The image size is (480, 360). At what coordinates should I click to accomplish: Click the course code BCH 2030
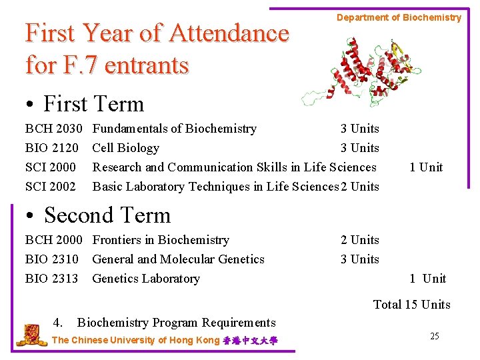[x=53, y=129]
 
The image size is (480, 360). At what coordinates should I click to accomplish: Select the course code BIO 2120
[x=51, y=148]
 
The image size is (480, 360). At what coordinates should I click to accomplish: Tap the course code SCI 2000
[x=50, y=167]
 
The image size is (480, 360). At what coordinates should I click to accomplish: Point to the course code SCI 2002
[x=50, y=187]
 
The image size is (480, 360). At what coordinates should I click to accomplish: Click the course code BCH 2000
[x=53, y=240]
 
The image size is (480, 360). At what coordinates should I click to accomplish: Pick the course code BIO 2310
[x=51, y=259]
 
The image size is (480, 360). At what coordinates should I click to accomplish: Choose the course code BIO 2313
[x=51, y=279]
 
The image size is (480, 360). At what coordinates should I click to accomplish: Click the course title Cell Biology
[x=125, y=148]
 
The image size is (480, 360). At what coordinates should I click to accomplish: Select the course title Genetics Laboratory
[x=146, y=279]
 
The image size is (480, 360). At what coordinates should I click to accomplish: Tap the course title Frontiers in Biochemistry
[x=161, y=240]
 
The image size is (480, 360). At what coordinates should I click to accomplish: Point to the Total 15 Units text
[x=411, y=305]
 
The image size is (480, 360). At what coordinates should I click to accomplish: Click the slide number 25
[x=434, y=336]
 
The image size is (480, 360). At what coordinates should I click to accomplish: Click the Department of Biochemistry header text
[x=399, y=18]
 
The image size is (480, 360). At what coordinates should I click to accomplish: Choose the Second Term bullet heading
[x=99, y=216]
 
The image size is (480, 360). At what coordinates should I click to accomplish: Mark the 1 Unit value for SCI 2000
[x=426, y=167]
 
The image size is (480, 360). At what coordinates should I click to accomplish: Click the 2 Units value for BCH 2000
[x=359, y=240]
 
